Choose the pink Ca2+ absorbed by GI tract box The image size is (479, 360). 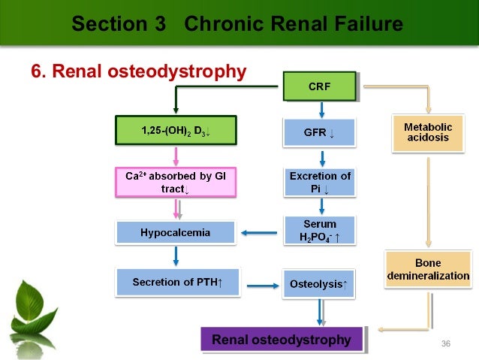176,183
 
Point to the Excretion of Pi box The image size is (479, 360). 320,183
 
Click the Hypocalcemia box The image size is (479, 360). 175,232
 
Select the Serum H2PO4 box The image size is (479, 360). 320,231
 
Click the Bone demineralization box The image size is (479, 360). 428,270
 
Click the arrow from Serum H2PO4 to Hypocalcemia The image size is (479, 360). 260,232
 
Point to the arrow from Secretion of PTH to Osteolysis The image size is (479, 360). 260,286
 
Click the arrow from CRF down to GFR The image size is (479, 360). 321,109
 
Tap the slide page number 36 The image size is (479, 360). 446,343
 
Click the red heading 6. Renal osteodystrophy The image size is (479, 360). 138,71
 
